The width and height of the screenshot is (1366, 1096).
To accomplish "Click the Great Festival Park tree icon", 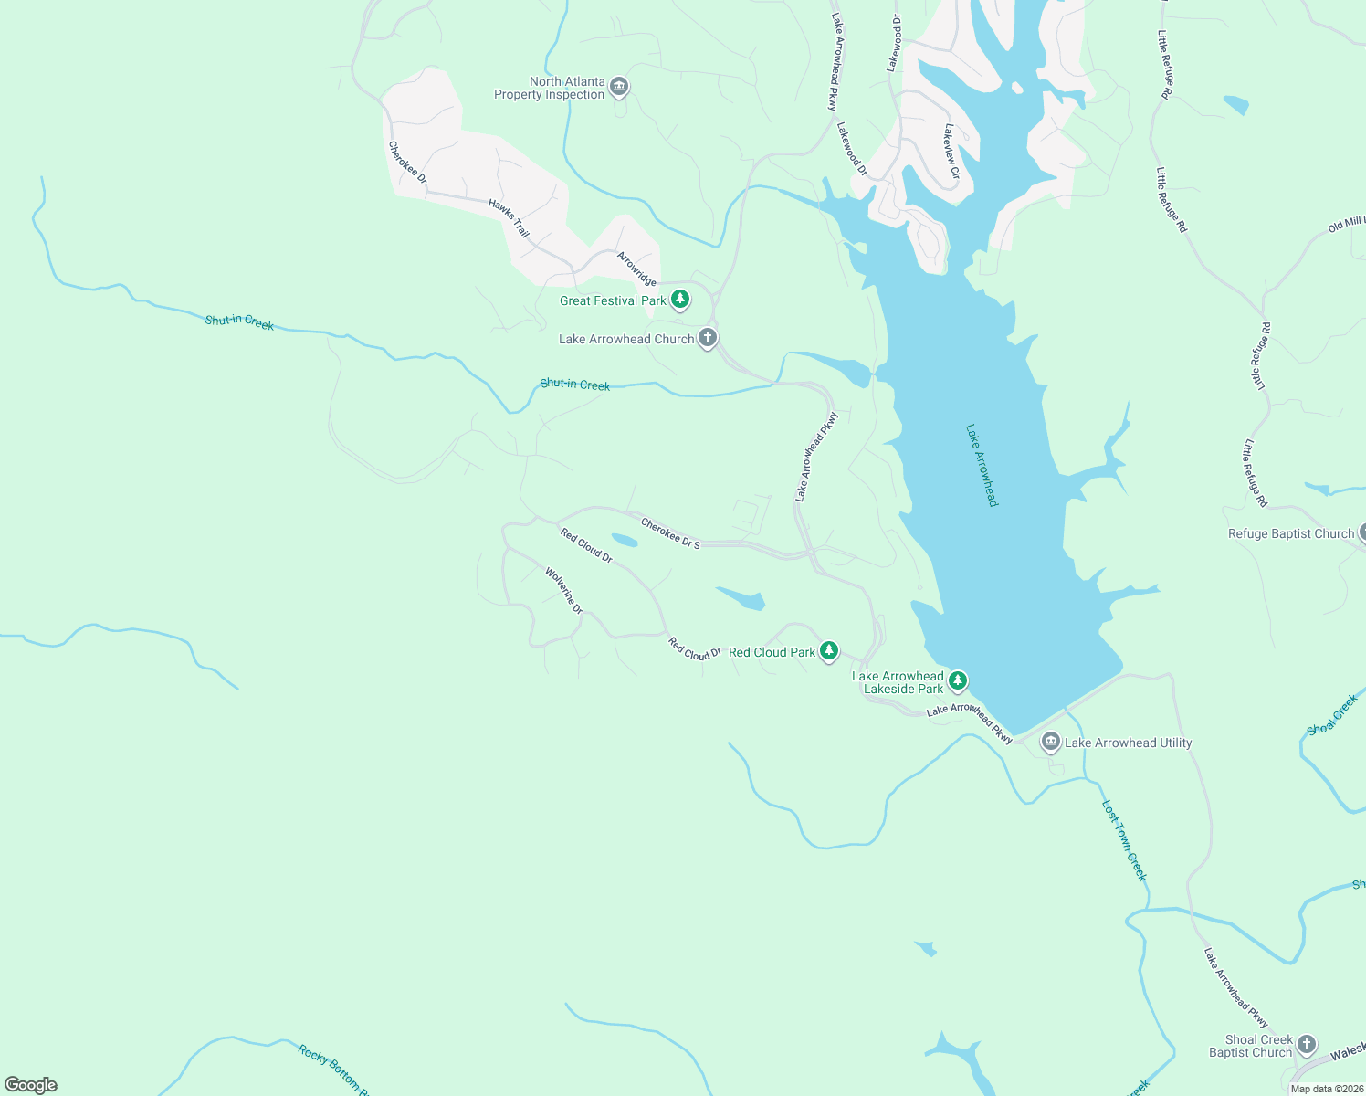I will click(680, 300).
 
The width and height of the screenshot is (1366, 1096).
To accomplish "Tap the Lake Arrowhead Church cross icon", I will click(708, 339).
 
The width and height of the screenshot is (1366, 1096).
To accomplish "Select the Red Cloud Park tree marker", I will click(829, 651).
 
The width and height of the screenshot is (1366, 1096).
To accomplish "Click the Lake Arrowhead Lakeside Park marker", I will click(957, 680).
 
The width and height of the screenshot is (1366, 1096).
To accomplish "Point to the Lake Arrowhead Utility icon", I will click(1051, 743).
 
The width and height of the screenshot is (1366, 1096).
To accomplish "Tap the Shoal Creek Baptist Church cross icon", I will click(1307, 1045).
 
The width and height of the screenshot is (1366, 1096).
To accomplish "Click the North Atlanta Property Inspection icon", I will click(619, 88).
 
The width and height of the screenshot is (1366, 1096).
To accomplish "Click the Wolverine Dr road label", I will click(563, 590).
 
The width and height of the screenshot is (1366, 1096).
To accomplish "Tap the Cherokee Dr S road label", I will click(670, 533).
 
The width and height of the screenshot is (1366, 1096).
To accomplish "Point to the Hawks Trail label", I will click(509, 218).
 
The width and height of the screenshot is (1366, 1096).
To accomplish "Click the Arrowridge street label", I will click(636, 269).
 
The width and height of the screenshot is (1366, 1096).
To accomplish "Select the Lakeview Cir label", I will click(952, 151).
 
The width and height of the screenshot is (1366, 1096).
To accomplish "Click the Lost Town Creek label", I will click(1124, 840).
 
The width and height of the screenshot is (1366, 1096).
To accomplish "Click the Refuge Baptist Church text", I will click(1290, 533).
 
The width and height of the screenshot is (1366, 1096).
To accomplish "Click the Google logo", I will click(31, 1084).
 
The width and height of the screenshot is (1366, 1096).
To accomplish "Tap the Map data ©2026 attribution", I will click(1326, 1089).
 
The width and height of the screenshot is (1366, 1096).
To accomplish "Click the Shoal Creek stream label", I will click(1332, 714).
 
